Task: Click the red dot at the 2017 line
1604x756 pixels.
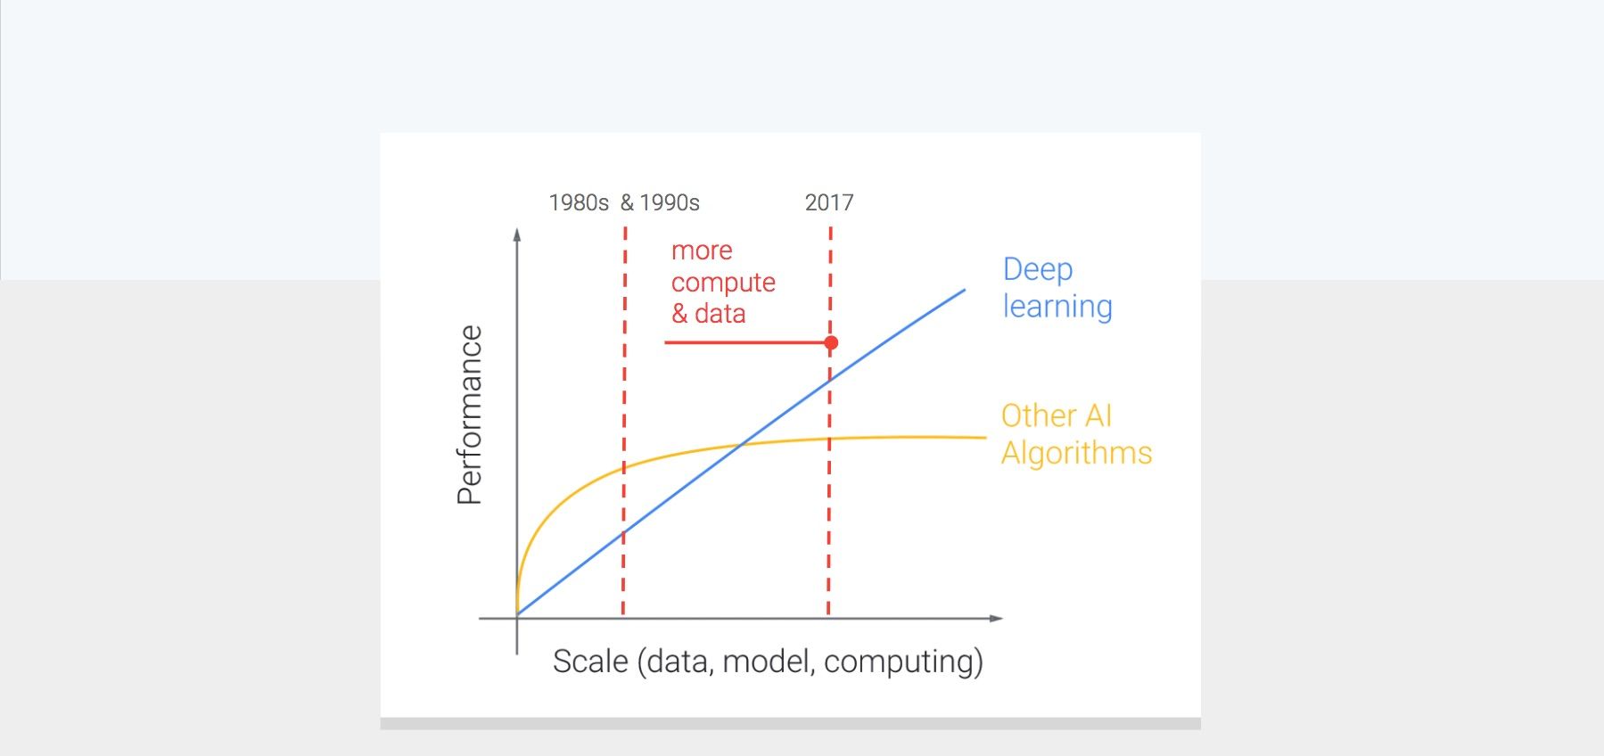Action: point(831,342)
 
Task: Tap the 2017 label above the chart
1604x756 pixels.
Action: point(829,203)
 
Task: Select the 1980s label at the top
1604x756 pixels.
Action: point(579,203)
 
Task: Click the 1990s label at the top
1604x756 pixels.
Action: point(670,203)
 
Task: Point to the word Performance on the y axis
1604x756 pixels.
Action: point(470,415)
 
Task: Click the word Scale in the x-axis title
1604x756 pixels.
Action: point(590,661)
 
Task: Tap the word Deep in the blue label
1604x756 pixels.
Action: point(1038,269)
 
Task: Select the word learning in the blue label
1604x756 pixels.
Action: point(1057,307)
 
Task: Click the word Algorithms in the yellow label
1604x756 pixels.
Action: point(1076,453)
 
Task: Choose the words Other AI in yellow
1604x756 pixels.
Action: point(1057,415)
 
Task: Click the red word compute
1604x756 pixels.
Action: point(723,283)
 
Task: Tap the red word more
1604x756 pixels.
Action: point(702,251)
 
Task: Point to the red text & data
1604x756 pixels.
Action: point(709,314)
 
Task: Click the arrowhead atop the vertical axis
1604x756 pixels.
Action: point(517,234)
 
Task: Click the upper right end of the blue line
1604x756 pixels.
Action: point(964,290)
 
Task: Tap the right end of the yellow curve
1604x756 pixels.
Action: point(985,438)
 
